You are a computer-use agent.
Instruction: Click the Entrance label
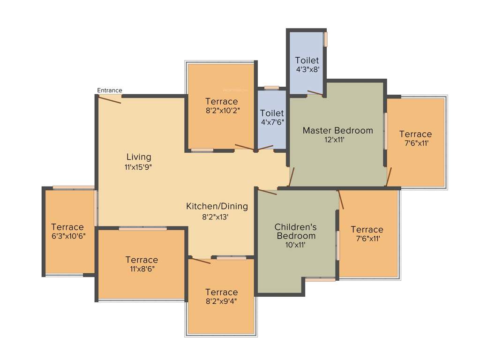[x=110, y=90]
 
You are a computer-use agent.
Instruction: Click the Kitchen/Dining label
[x=217, y=206]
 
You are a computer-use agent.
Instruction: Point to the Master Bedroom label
[x=337, y=130]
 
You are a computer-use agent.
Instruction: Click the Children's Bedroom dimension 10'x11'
[x=295, y=244]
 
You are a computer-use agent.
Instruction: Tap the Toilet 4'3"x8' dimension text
[x=307, y=69]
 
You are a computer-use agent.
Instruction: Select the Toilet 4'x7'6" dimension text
[x=272, y=122]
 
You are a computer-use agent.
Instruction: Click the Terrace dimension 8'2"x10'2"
[x=222, y=111]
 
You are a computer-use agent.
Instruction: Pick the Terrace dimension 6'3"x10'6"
[x=67, y=236]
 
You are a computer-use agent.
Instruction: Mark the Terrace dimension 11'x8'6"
[x=142, y=269]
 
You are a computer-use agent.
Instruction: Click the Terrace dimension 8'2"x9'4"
[x=221, y=301]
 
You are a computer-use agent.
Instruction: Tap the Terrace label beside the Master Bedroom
[x=415, y=134]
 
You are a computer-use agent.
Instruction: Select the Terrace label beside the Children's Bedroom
[x=367, y=230]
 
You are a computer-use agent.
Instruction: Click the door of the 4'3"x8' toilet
[x=315, y=92]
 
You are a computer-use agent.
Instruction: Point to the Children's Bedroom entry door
[x=268, y=192]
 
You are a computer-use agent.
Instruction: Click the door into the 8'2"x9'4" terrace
[x=201, y=261]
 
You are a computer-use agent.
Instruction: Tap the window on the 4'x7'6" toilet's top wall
[x=271, y=88]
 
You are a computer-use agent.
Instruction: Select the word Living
[x=139, y=157]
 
